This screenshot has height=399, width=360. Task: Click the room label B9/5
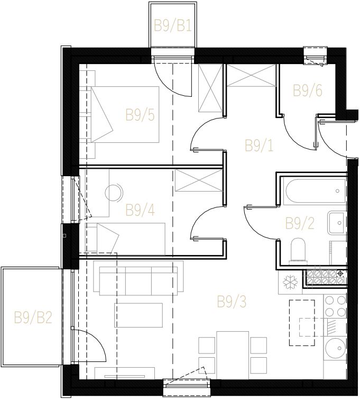[140, 115]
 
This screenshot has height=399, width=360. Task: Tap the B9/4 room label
[140, 210]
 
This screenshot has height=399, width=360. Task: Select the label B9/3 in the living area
[232, 302]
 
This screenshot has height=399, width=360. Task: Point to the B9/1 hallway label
[259, 146]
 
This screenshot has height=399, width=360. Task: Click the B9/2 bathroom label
[300, 223]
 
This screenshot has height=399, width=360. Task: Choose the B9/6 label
[308, 91]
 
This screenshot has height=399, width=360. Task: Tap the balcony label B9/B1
[173, 26]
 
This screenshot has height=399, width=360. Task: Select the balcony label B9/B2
[33, 318]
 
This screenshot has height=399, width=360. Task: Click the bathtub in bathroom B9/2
[316, 192]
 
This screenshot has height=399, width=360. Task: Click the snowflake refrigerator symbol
[290, 283]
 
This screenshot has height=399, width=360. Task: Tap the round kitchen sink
[336, 348]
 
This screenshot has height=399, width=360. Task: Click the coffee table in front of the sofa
[139, 315]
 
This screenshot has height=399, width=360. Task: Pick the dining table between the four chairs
[233, 355]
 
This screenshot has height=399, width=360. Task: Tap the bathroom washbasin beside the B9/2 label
[337, 223]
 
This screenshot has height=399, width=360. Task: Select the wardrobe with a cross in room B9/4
[199, 180]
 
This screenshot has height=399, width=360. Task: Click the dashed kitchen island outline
[302, 323]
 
